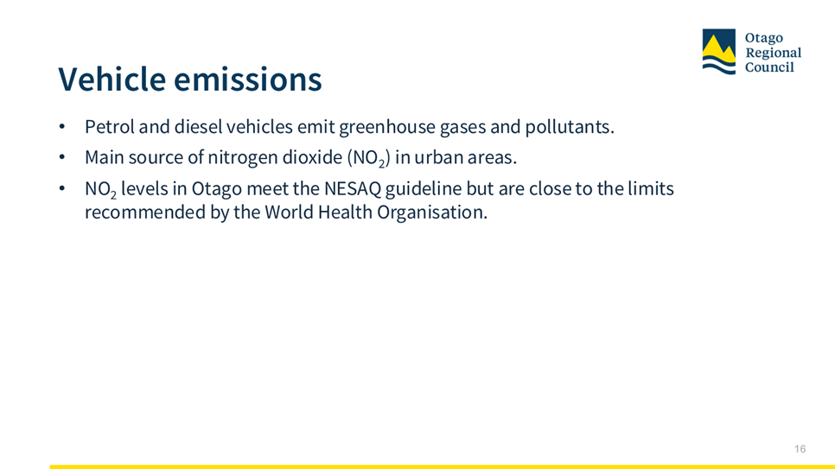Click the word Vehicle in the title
pyautogui.click(x=112, y=79)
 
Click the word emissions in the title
pyautogui.click(x=248, y=79)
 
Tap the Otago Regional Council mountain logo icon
pyautogui.click(x=719, y=52)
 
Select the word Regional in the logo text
pyautogui.click(x=774, y=53)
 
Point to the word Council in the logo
pyautogui.click(x=769, y=67)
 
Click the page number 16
pyautogui.click(x=800, y=449)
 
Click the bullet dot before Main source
pyautogui.click(x=62, y=157)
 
